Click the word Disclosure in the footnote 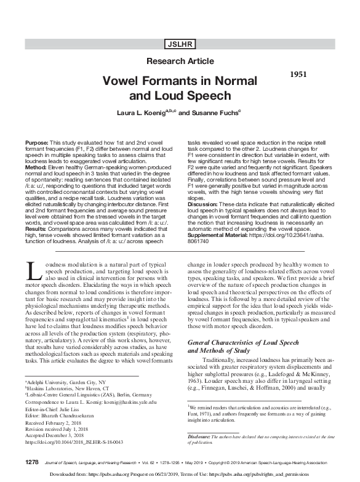click(x=202, y=436)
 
